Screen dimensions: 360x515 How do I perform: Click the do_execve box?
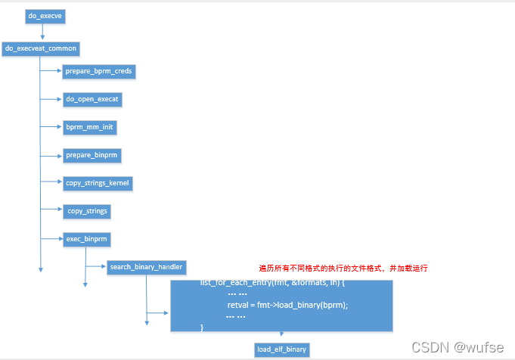tap(42, 16)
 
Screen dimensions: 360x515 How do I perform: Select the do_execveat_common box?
tap(41, 48)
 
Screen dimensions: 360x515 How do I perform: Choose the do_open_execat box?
tap(92, 99)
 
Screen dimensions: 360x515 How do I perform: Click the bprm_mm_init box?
tap(90, 127)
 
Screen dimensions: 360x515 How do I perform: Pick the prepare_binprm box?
tap(93, 154)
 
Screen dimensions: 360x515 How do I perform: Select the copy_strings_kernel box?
tap(98, 183)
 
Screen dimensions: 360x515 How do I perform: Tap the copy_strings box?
tap(88, 211)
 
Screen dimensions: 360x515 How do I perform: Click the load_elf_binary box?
tap(282, 349)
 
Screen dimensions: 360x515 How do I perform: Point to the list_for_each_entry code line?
tap(272, 283)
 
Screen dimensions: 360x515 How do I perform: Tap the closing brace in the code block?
tap(202, 326)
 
